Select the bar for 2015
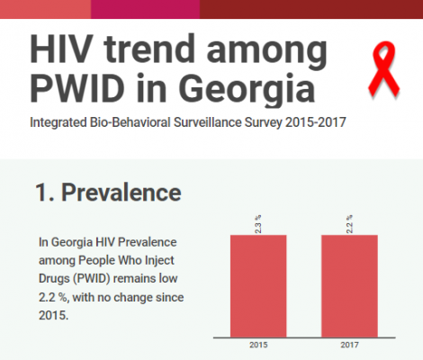tap(258, 286)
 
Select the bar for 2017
tap(349, 286)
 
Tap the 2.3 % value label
tap(258, 224)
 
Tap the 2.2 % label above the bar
tap(349, 224)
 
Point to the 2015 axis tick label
tap(258, 345)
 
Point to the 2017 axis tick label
tap(349, 345)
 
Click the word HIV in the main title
tap(59, 49)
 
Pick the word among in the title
tap(267, 51)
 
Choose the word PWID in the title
tap(77, 88)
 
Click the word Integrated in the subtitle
tap(58, 122)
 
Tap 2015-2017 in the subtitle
tap(316, 122)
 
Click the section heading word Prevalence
tap(121, 193)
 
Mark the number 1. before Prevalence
tap(45, 193)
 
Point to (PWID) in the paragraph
tap(91, 279)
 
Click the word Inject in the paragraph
tap(159, 261)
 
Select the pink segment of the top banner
tap(145, 9)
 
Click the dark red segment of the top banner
tap(311, 9)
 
